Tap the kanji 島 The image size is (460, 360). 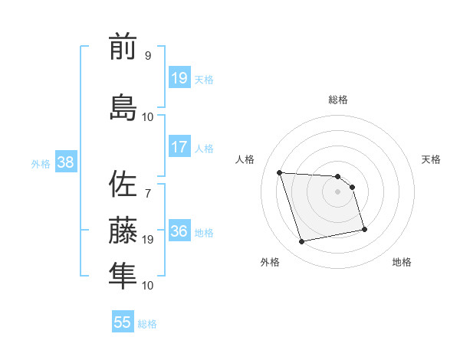pyautogui.click(x=123, y=106)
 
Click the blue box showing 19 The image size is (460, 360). pyautogui.click(x=179, y=78)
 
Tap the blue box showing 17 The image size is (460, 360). pyautogui.click(x=179, y=147)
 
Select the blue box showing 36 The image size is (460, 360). pyautogui.click(x=179, y=231)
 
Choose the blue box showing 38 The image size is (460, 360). pyautogui.click(x=65, y=162)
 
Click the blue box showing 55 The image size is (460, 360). pyautogui.click(x=123, y=322)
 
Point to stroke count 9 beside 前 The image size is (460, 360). pyautogui.click(x=147, y=55)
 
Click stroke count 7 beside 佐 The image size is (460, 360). pyautogui.click(x=147, y=183)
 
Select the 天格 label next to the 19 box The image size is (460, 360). pyautogui.click(x=204, y=79)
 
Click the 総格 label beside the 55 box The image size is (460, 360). pyautogui.click(x=147, y=324)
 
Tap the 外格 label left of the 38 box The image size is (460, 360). pyautogui.click(x=41, y=163)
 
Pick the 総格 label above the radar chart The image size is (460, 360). pyautogui.click(x=338, y=100)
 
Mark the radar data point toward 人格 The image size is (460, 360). pyautogui.click(x=280, y=172)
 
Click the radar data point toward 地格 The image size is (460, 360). pyautogui.click(x=364, y=229)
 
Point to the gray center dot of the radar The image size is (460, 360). pyautogui.click(x=338, y=191)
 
